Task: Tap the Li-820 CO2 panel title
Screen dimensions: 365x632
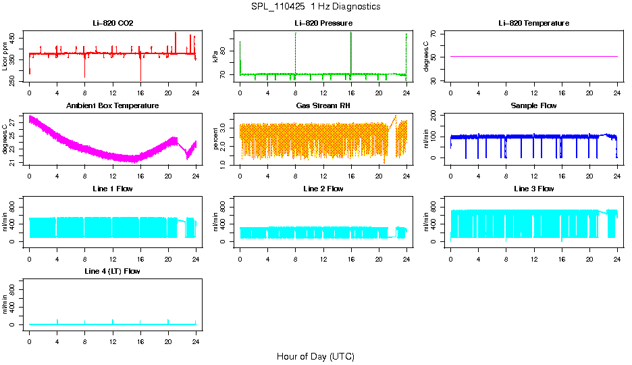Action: (x=113, y=24)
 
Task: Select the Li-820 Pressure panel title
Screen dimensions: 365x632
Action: (x=323, y=24)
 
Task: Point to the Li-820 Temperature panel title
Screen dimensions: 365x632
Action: (x=533, y=24)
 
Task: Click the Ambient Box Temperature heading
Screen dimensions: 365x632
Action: (x=113, y=106)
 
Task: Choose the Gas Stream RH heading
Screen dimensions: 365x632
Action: (x=323, y=106)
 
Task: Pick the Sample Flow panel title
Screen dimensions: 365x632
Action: (x=533, y=106)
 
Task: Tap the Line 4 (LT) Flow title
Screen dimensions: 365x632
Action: (x=113, y=271)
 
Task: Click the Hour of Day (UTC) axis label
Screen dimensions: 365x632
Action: (x=315, y=356)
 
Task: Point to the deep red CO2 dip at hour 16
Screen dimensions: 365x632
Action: (x=140, y=71)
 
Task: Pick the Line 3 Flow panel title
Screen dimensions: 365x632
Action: (x=533, y=189)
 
